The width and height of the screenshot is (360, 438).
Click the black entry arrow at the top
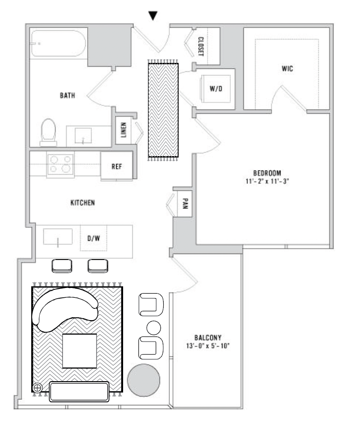coord(153,15)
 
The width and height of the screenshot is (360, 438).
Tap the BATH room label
coord(68,96)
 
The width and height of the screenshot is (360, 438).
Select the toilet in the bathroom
coord(48,131)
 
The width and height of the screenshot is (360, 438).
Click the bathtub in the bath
coord(58,44)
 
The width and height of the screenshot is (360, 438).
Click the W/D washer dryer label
coord(215,89)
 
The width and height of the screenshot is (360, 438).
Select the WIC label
coord(287,69)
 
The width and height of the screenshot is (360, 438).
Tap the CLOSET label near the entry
coord(201,47)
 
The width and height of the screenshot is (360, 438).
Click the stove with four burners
coord(61,164)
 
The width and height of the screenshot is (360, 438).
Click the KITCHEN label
coord(83,203)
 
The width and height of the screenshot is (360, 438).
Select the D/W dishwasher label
coord(94,238)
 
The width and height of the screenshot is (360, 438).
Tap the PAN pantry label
coord(185,204)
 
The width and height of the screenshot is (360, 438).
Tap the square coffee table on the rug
coord(80,350)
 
